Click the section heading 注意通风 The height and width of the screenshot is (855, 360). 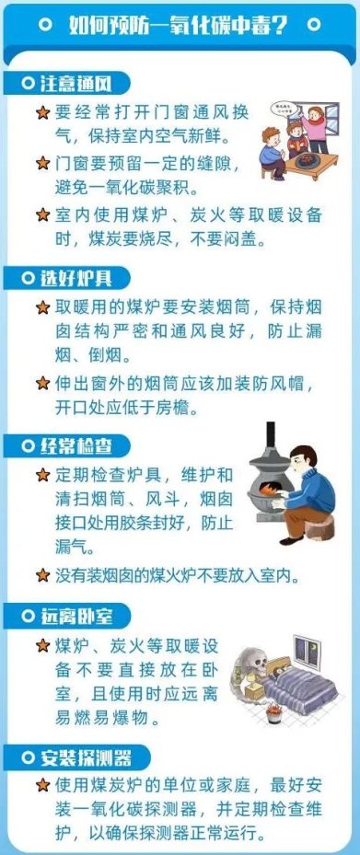click(x=75, y=84)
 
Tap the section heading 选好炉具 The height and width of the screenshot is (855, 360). click(x=75, y=278)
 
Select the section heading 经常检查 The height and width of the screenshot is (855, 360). click(x=75, y=446)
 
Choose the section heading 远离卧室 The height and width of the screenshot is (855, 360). click(x=75, y=616)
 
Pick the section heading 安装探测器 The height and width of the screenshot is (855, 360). click(x=86, y=757)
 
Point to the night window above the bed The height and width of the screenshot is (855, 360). click(x=308, y=651)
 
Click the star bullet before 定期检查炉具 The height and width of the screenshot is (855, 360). click(x=42, y=475)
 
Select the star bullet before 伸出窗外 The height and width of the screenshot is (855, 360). click(x=42, y=384)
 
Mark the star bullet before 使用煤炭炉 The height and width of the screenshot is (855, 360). click(x=42, y=785)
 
